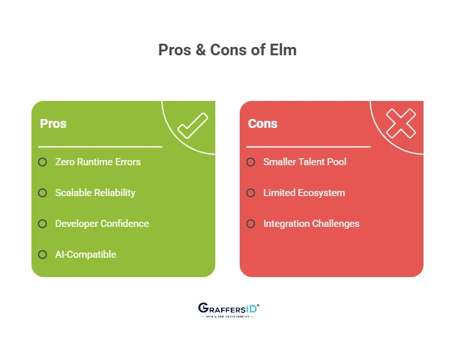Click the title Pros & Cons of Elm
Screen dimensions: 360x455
tap(227, 50)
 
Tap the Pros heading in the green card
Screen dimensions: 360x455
tap(53, 123)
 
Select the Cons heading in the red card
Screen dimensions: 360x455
tap(262, 123)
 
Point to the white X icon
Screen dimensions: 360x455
tap(400, 123)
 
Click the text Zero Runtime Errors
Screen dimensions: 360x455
tap(98, 162)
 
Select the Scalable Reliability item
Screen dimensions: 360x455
tap(95, 193)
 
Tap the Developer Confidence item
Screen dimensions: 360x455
tap(102, 224)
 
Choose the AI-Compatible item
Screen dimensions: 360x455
tap(85, 255)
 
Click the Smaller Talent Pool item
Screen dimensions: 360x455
tap(305, 162)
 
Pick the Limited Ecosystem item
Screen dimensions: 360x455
tap(304, 193)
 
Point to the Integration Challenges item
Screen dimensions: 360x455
tap(311, 224)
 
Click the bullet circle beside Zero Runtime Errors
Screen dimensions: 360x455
tap(42, 162)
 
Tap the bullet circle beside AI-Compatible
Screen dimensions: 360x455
tap(42, 255)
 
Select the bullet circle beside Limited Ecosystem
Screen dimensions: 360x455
tap(251, 193)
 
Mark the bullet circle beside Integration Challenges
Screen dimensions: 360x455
tap(251, 224)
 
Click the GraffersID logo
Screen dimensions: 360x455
tap(228, 310)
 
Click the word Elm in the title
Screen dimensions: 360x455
tap(283, 50)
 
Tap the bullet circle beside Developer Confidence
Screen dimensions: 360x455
tap(42, 224)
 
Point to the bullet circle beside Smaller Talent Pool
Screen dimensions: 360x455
tap(251, 162)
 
